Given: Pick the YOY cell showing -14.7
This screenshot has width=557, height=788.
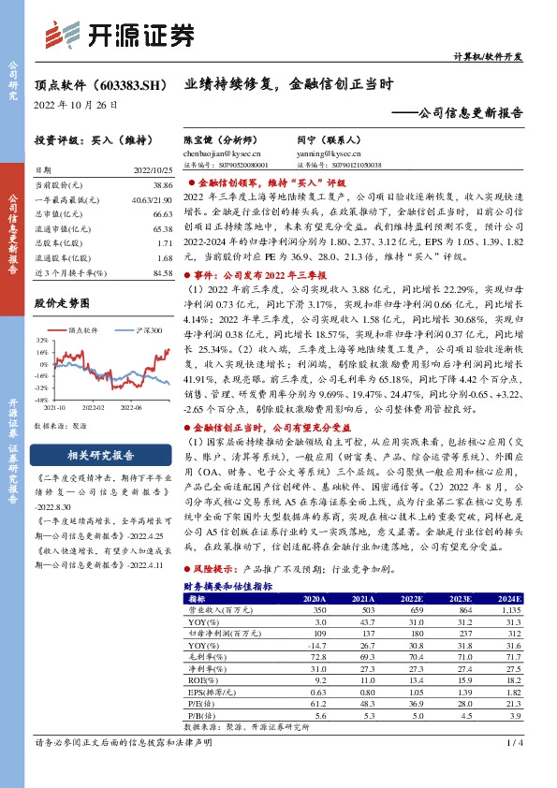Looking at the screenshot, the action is tap(316, 645).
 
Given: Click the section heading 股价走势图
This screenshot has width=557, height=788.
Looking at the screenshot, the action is tap(63, 303).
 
